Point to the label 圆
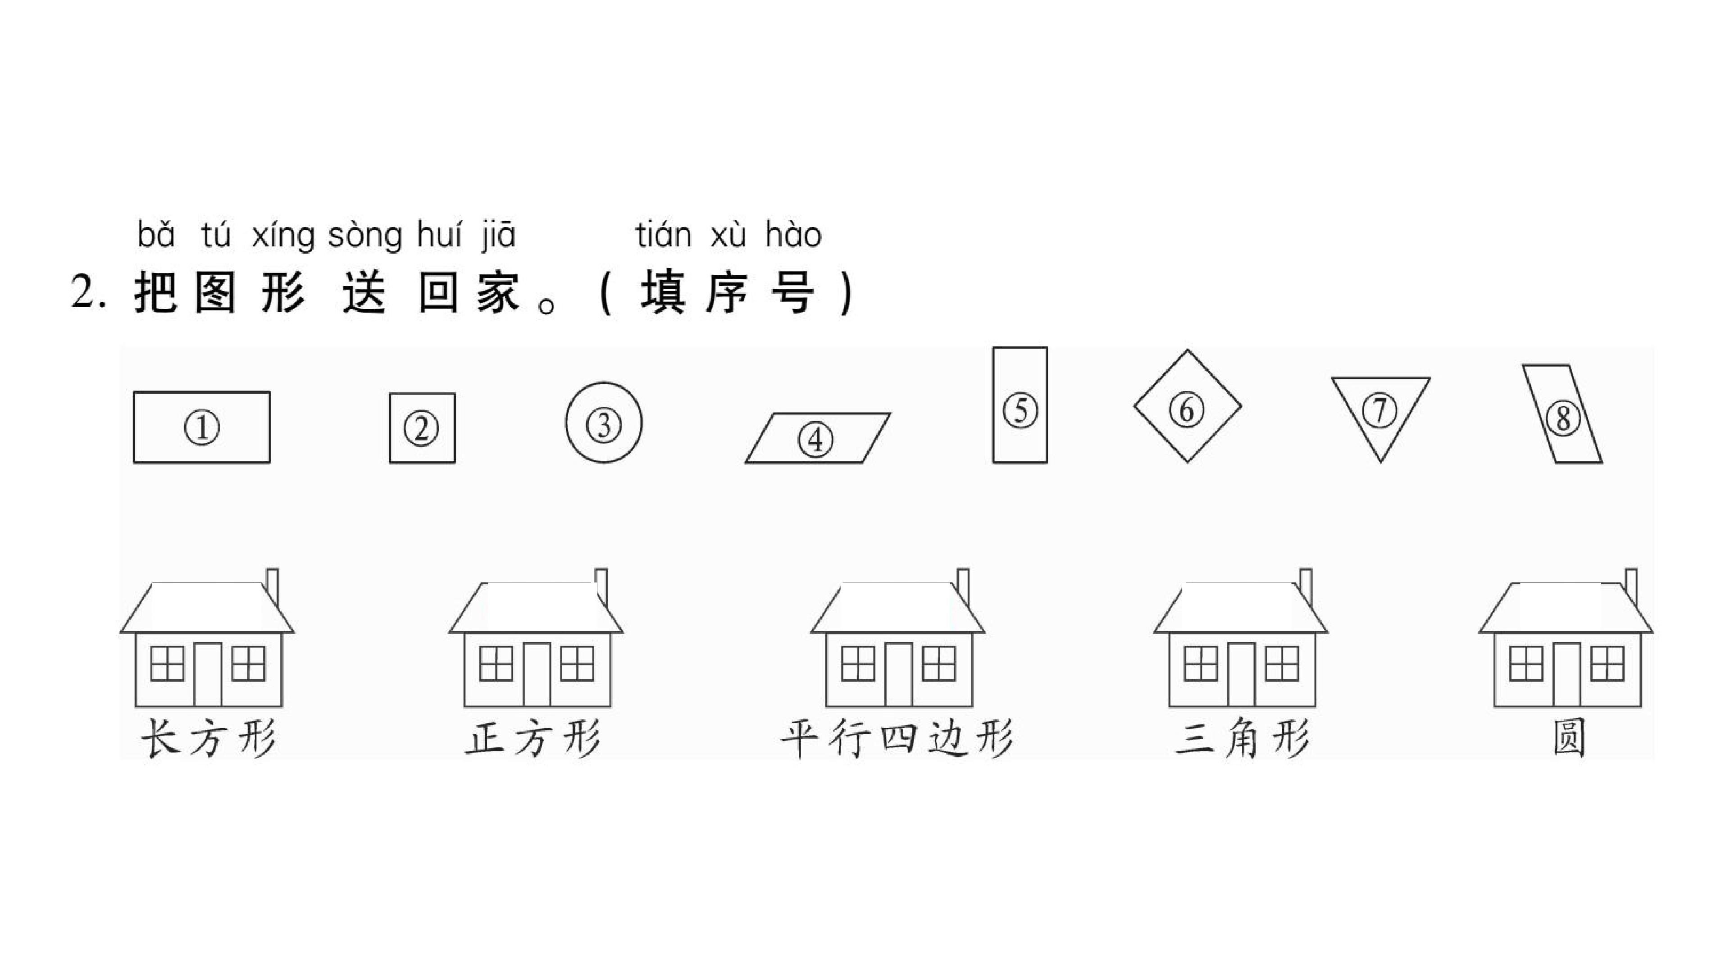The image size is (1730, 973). click(1569, 738)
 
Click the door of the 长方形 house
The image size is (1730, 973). click(208, 674)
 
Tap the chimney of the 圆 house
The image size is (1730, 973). click(1630, 587)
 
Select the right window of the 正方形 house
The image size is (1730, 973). click(577, 664)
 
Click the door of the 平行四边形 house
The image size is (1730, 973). click(899, 674)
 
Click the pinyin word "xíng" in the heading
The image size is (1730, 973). click(283, 236)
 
